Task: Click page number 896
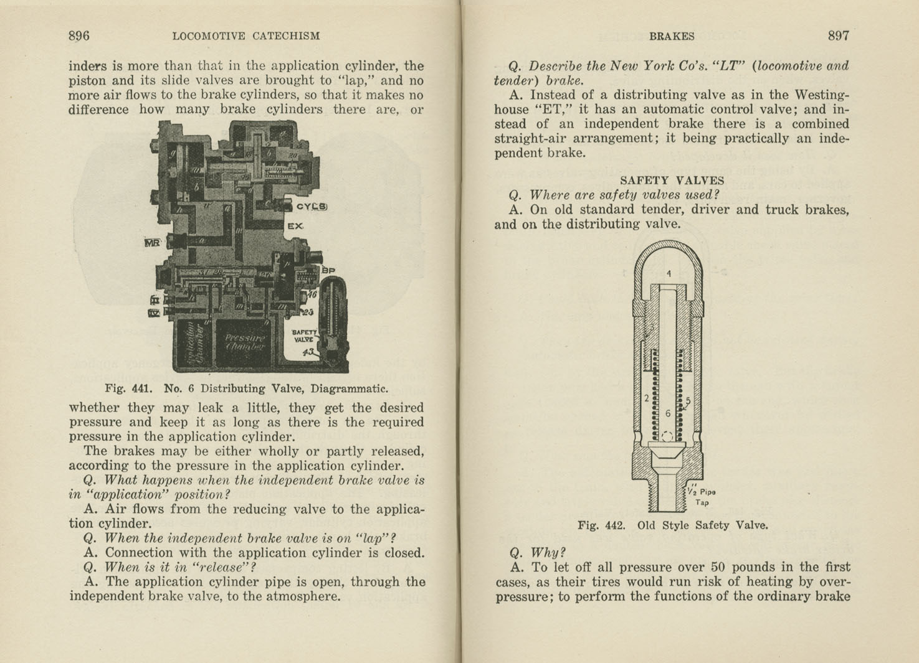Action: point(79,36)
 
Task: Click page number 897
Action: point(838,36)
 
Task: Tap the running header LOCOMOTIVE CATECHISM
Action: point(246,37)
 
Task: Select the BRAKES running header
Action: point(671,37)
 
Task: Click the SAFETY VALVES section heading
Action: point(672,181)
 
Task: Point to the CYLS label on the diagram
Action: point(311,207)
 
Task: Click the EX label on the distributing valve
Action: point(295,226)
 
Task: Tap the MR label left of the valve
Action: point(152,242)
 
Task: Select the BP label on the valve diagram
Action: point(328,270)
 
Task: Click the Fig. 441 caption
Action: point(246,388)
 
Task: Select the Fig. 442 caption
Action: point(672,525)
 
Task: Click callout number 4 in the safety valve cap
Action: point(669,273)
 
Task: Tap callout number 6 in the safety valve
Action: point(667,413)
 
